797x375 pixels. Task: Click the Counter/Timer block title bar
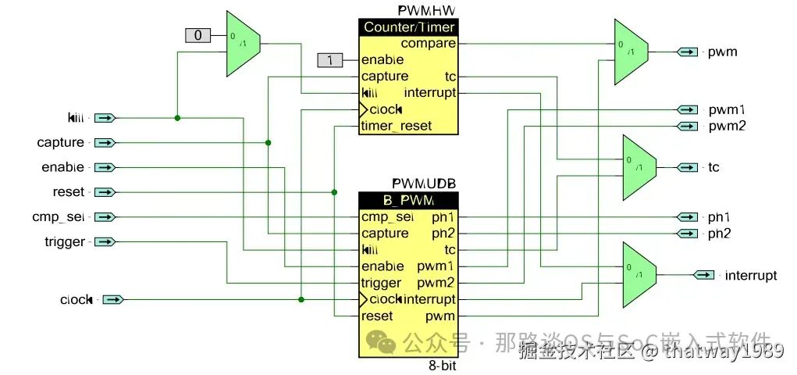(407, 27)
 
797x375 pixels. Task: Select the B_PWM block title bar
(407, 200)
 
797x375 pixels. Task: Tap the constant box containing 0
(197, 35)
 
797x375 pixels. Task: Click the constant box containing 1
(330, 60)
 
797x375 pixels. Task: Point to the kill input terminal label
(76, 118)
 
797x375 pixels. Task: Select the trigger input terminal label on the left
(65, 242)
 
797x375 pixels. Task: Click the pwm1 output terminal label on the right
(727, 109)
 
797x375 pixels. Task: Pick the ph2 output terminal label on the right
(720, 234)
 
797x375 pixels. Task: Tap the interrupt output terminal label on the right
(751, 275)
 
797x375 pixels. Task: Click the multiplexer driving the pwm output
(631, 52)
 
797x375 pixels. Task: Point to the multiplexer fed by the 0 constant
(243, 44)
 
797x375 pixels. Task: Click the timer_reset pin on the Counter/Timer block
(396, 126)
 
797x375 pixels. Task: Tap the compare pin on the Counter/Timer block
(429, 44)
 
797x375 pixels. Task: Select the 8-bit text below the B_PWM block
(442, 366)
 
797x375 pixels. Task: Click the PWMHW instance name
(426, 10)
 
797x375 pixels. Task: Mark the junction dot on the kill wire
(178, 118)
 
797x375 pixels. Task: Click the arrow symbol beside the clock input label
(113, 299)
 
